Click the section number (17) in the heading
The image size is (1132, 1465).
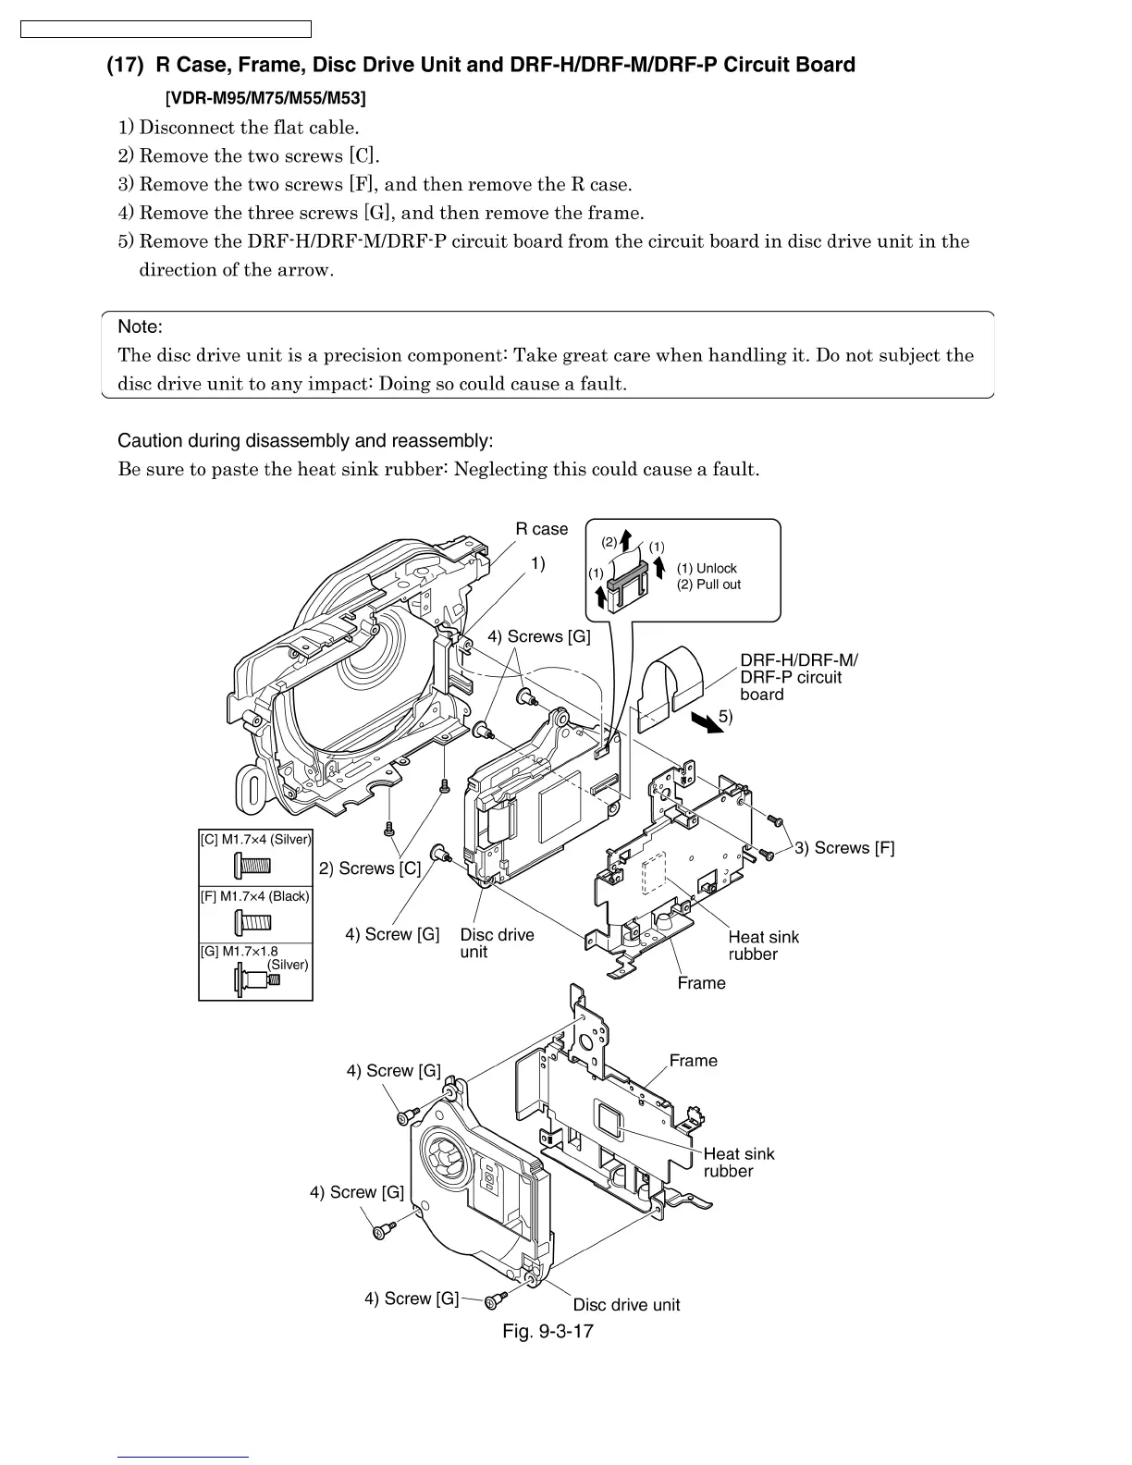pos(124,66)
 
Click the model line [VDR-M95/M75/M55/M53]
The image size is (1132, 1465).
pos(265,98)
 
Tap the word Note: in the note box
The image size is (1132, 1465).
pos(140,326)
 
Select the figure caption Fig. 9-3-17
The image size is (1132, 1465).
pos(548,1331)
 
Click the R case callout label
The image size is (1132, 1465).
pos(541,529)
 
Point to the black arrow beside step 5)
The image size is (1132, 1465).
pos(707,722)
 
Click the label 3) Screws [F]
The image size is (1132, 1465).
pos(844,848)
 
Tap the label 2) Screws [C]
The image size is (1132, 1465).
pos(370,868)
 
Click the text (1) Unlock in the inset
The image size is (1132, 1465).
pos(707,569)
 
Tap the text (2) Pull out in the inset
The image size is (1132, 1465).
pos(708,585)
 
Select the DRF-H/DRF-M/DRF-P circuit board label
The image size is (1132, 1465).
pos(797,677)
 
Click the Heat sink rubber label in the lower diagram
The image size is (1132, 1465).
pos(738,1163)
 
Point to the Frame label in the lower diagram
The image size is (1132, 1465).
pos(693,1061)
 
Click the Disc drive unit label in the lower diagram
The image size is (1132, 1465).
pos(626,1305)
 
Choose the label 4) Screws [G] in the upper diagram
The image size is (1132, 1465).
pos(538,636)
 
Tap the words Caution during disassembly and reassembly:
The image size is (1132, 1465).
pos(305,440)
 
